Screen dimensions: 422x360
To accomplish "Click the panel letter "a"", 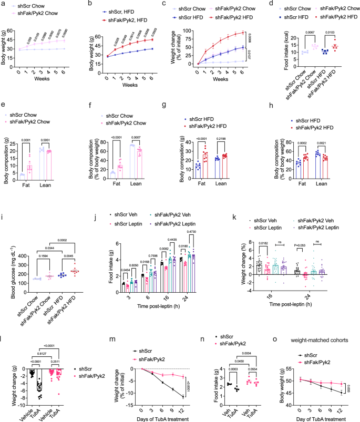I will (3, 4).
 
